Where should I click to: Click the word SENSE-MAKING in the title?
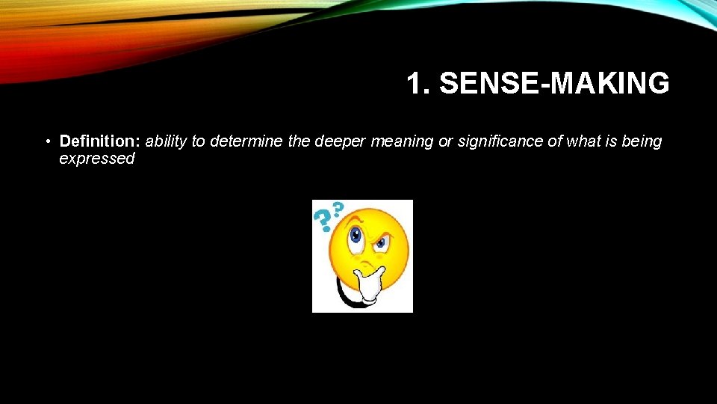[554, 84]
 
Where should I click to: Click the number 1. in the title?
[419, 84]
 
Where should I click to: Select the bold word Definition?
[100, 141]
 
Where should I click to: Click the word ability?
[167, 141]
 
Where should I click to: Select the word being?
[642, 141]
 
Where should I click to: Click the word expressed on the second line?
[96, 159]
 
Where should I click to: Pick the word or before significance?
[444, 141]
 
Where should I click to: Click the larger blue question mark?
[323, 218]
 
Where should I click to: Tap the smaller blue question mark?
[338, 208]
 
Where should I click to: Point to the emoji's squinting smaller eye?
[383, 242]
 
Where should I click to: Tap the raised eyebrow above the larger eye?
[357, 218]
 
